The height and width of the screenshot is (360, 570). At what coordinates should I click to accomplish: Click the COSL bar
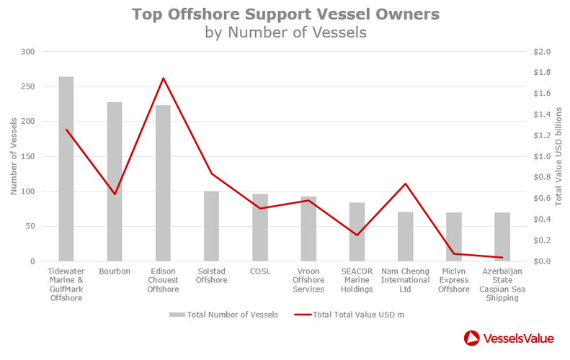pyautogui.click(x=260, y=228)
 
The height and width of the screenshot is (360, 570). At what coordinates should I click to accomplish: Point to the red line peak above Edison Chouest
pyautogui.click(x=163, y=78)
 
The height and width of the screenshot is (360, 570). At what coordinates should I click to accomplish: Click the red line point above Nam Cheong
pyautogui.click(x=406, y=184)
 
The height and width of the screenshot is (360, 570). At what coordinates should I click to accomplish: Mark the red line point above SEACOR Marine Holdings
pyautogui.click(x=357, y=235)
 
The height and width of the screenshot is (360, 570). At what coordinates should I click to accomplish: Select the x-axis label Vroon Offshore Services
pyautogui.click(x=308, y=280)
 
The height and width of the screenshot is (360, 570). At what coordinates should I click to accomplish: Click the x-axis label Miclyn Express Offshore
pyautogui.click(x=454, y=280)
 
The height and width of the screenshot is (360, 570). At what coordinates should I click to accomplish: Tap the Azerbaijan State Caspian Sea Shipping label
pyautogui.click(x=502, y=284)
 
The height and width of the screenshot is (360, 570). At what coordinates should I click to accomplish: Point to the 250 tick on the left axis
pyautogui.click(x=27, y=87)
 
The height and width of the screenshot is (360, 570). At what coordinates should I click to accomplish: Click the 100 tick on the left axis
pyautogui.click(x=27, y=192)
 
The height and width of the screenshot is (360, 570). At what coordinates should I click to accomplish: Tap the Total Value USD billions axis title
pyautogui.click(x=558, y=156)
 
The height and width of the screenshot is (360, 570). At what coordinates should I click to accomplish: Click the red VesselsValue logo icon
pyautogui.click(x=472, y=338)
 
